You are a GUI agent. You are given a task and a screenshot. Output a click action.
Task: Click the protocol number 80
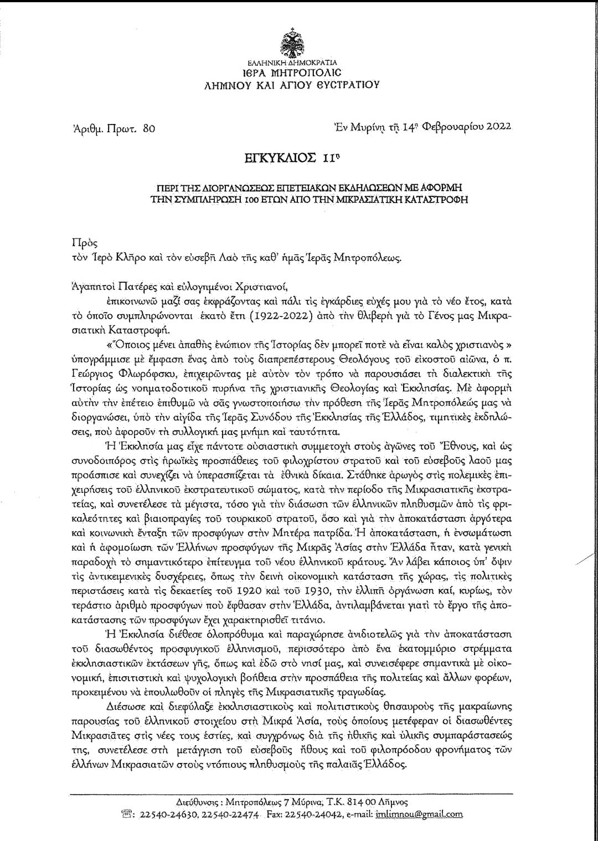pos(149,129)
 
